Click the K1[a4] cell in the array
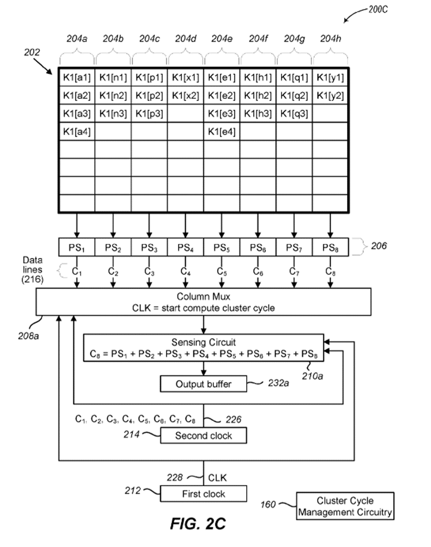pos(77,132)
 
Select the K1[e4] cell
pos(222,132)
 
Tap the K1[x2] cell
pos(185,96)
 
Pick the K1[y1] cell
pos(330,78)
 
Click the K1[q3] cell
pos(294,113)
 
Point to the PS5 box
pos(222,247)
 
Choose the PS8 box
pos(330,247)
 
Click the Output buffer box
pos(203,384)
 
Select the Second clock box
pos(203,436)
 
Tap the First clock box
pos(203,493)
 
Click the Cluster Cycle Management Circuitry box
pos(345,507)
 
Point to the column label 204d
pos(185,39)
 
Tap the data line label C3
pos(149,271)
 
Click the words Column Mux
pos(203,297)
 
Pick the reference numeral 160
pos(268,504)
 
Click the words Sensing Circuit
pos(203,342)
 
